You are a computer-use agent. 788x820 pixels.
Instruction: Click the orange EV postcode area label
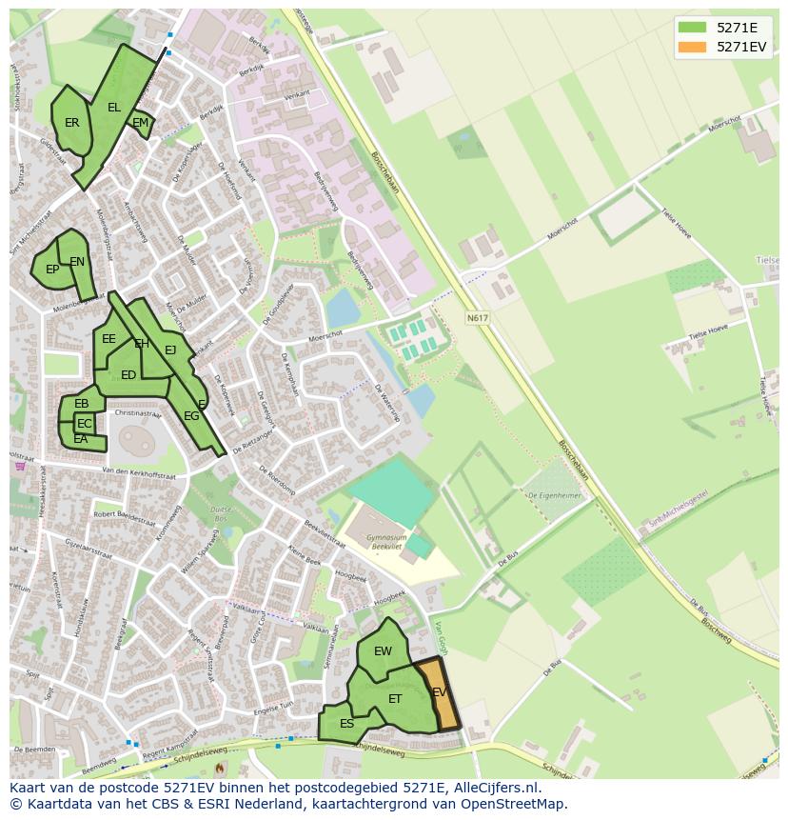coord(439,692)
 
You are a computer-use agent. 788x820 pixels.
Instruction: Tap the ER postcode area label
coord(72,123)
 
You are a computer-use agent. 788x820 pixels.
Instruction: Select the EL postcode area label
coord(114,108)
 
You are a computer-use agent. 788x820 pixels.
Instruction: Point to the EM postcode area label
coord(140,123)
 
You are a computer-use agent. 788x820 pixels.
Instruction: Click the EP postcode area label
coord(52,270)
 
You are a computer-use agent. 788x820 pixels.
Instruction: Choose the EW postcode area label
coord(383,651)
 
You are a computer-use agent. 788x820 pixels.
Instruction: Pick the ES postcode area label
coord(346,724)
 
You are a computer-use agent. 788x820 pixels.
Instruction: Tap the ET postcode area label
coord(395,699)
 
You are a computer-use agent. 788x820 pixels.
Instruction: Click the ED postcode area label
coord(128,375)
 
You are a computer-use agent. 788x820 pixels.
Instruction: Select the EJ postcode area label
coord(170,350)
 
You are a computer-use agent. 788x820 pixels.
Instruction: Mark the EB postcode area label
coord(82,404)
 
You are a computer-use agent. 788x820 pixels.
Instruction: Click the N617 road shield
coord(477,317)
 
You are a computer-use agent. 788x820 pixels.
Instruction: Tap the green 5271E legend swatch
coord(692,27)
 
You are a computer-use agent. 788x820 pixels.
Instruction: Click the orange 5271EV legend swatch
coord(692,47)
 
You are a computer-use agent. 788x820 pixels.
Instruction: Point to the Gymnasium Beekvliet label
coord(382,542)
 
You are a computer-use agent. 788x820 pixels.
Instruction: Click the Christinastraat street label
coord(138,414)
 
